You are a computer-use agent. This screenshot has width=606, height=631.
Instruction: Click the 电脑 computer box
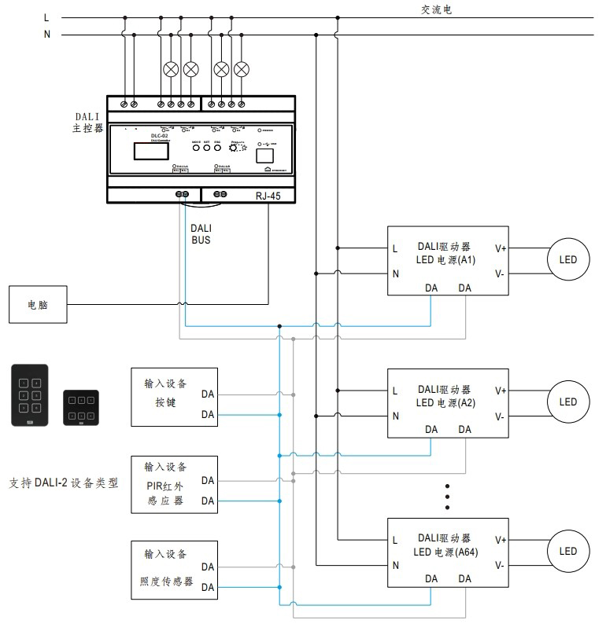(x=38, y=304)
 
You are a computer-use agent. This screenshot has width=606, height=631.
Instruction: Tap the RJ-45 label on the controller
(x=268, y=195)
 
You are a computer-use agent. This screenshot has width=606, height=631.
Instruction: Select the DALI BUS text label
(x=201, y=234)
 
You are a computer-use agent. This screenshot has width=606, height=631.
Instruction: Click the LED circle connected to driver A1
(x=567, y=260)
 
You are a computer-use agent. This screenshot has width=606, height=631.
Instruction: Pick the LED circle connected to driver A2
(x=567, y=402)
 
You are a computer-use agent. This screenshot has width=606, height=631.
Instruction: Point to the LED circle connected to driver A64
(x=567, y=552)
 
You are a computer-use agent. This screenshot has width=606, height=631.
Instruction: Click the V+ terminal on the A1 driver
(x=501, y=248)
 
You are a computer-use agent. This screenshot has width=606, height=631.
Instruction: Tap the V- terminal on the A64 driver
(x=500, y=564)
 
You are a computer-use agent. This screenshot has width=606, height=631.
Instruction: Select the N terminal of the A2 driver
(x=395, y=415)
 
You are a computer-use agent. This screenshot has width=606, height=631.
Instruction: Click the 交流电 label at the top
(x=436, y=10)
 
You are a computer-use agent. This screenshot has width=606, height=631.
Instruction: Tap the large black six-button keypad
(x=29, y=394)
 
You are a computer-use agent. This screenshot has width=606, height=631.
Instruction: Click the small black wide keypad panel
(x=81, y=407)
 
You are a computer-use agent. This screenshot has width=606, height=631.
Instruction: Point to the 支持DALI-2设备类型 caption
(x=63, y=483)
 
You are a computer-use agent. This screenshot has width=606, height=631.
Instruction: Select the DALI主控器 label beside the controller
(x=87, y=122)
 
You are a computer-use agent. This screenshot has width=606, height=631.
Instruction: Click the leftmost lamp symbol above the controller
(x=170, y=68)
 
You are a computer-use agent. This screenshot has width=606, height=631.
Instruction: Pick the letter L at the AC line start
(x=46, y=17)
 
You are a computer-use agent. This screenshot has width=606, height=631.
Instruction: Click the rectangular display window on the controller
(x=149, y=151)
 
